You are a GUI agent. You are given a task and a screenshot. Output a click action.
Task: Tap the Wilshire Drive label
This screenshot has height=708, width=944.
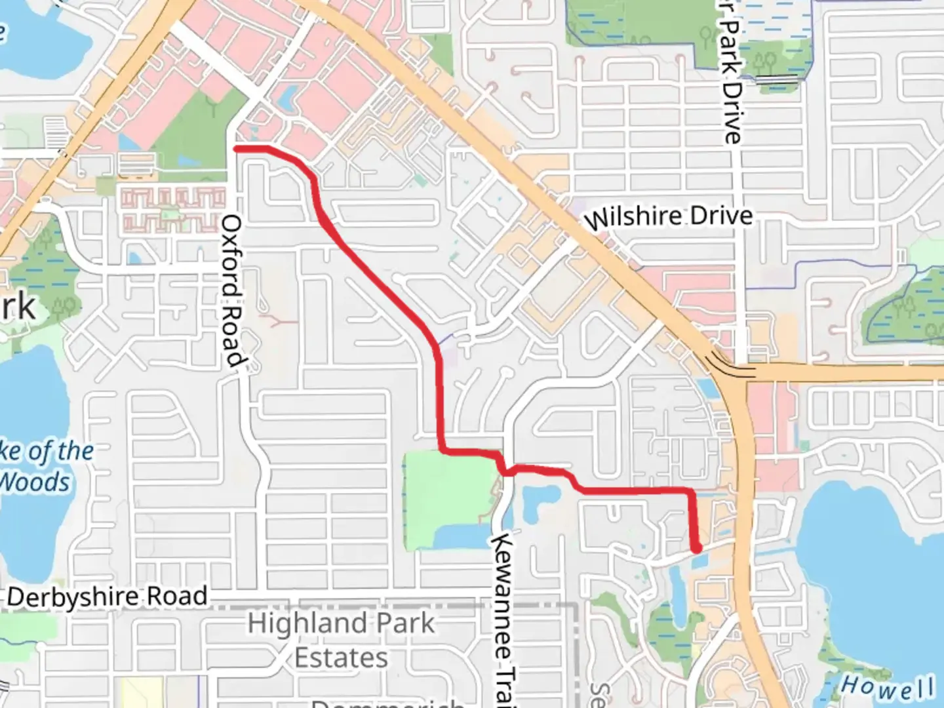point(668,217)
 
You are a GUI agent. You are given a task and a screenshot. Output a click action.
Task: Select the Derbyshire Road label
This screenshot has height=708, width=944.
point(108,597)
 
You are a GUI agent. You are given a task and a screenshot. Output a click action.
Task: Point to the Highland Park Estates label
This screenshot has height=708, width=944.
point(341,640)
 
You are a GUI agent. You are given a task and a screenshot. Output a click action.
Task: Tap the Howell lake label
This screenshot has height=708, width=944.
point(888,688)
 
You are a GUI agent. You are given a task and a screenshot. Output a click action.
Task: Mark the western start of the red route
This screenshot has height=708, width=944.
point(237,149)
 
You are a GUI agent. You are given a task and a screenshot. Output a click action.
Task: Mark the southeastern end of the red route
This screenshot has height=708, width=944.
point(696,548)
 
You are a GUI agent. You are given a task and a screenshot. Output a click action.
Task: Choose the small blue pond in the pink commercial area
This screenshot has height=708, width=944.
point(286,98)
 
